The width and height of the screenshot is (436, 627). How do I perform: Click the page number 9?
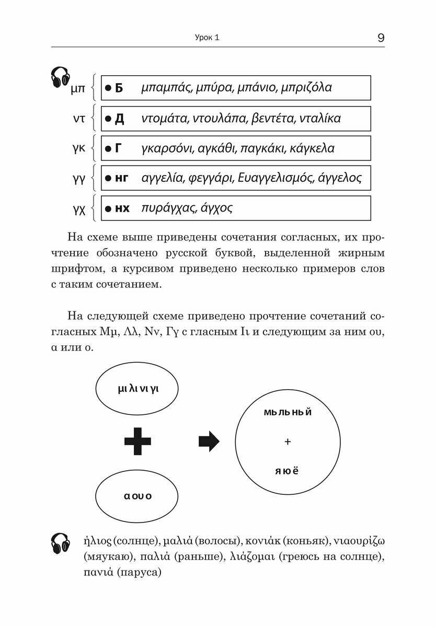(x=380, y=38)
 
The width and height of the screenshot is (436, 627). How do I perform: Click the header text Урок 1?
(x=206, y=38)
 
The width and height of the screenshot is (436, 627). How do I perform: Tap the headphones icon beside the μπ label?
(x=61, y=77)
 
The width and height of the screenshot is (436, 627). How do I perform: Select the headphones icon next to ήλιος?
(x=61, y=543)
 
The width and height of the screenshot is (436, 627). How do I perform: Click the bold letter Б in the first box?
(x=119, y=88)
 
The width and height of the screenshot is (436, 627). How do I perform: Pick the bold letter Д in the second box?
(x=119, y=119)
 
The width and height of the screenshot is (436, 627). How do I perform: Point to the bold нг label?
(x=121, y=178)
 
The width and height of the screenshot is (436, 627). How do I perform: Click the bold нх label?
(x=122, y=208)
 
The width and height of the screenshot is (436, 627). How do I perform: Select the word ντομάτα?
(x=166, y=119)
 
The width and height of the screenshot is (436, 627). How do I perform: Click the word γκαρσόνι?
(x=168, y=149)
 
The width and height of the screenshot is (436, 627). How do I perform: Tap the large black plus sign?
(x=137, y=442)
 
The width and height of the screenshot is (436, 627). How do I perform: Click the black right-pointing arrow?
(x=209, y=442)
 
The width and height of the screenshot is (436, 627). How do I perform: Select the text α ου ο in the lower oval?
(x=137, y=496)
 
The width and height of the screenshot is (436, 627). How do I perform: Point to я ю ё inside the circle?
(x=286, y=471)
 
